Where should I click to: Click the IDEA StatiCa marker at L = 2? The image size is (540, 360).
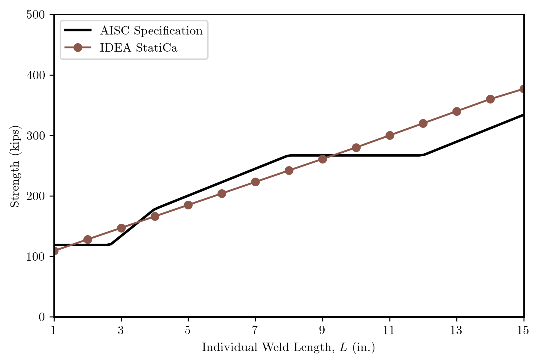coord(88,239)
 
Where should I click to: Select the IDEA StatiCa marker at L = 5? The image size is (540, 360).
coord(188,205)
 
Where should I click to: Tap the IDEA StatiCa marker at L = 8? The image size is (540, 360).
coord(289,171)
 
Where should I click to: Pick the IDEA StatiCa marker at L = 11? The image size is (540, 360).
coord(390,135)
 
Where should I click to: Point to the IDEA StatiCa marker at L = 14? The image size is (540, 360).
coord(490,99)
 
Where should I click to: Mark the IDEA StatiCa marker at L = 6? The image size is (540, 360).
coord(222,193)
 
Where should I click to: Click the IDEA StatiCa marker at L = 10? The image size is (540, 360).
coord(356,148)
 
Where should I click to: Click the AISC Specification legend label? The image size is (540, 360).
coord(151,31)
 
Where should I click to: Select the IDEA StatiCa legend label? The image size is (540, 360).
coord(139,48)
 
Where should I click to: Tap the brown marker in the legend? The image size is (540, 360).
coord(78,48)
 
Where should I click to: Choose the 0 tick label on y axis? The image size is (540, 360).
coord(42,317)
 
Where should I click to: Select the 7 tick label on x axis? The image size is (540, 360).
coord(255,330)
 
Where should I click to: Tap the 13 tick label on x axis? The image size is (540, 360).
coord(457,330)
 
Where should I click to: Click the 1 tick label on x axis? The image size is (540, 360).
coord(54,330)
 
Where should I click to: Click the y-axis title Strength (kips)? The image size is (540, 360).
coord(15,166)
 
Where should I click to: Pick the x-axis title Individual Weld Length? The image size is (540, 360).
coord(288,347)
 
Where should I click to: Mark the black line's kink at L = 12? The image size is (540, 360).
coord(423,155)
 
